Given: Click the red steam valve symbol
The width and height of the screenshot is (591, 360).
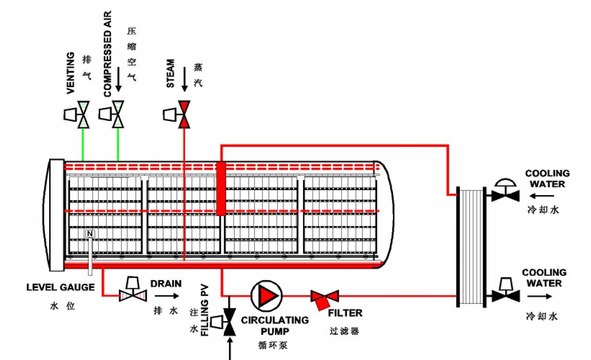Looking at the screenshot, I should click(184, 114).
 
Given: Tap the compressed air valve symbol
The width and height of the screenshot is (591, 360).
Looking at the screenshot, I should click(118, 114).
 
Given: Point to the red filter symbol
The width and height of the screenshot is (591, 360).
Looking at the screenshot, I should click(325, 298).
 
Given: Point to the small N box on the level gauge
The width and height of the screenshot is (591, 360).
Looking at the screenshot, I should click(90, 234).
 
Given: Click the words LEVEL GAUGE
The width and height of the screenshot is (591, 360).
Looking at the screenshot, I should click(60, 288).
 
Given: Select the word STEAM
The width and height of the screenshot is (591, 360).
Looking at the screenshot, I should click(170, 73).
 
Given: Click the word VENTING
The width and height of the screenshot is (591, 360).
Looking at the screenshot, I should click(71, 72).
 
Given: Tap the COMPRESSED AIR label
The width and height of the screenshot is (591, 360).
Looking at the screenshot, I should click(107, 54).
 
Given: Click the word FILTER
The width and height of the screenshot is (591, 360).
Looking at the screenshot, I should click(345, 313).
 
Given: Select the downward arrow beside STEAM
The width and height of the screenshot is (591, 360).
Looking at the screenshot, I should click(184, 79).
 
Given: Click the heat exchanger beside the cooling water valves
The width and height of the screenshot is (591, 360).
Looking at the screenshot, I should click(470, 246).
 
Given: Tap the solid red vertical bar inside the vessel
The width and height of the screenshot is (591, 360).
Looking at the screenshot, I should click(221, 188).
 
